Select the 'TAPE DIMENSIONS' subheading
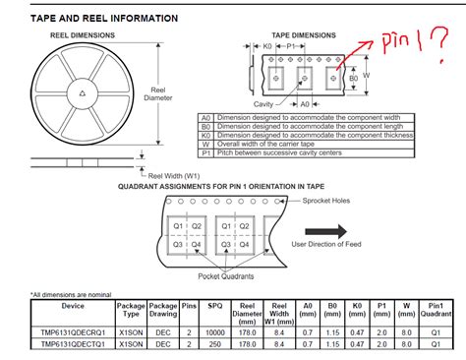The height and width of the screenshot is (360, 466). pyautogui.click(x=300, y=35)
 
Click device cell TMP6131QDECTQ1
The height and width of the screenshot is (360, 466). pyautogui.click(x=72, y=344)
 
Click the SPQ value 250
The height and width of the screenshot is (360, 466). pyautogui.click(x=216, y=344)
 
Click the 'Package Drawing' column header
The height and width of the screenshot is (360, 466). pyautogui.click(x=163, y=314)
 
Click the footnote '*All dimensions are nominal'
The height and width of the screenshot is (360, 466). pyautogui.click(x=74, y=294)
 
